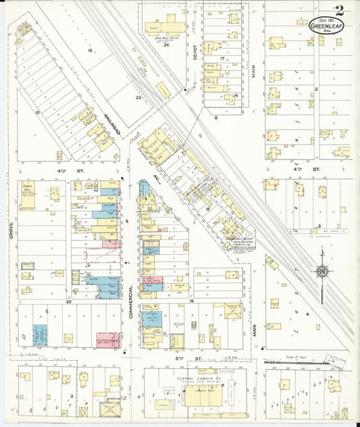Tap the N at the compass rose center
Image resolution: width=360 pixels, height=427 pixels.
[x=322, y=272]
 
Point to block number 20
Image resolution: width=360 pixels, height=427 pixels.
[x=69, y=302]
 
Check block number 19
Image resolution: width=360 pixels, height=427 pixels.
[x=192, y=299]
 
